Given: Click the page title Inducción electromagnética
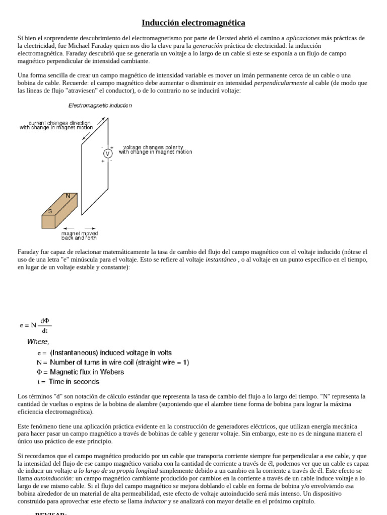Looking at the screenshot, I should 193,23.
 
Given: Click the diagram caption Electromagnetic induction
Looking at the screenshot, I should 100,106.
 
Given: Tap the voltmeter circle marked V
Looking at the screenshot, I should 107,153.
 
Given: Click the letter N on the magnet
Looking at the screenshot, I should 68,196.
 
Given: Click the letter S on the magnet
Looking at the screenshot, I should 50,211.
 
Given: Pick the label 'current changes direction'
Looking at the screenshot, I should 59,123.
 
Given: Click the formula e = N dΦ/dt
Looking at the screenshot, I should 35,325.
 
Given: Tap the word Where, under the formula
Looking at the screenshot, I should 38,341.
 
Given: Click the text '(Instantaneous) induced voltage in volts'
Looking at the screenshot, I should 111,353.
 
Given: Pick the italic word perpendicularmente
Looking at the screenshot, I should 280,83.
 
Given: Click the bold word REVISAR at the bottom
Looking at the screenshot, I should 50,513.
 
